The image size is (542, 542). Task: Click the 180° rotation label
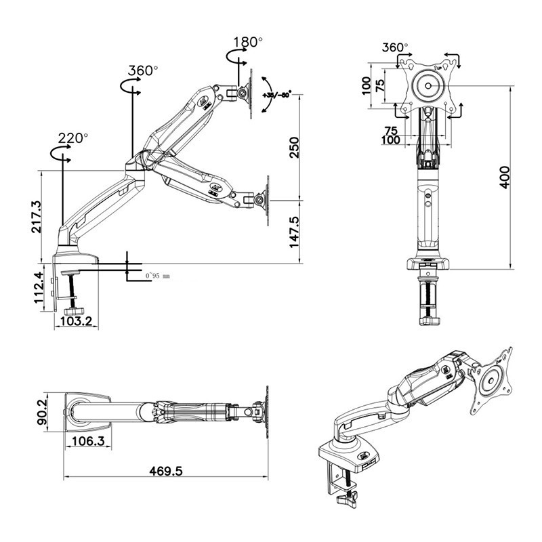[247, 42]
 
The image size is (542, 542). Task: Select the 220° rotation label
[72, 138]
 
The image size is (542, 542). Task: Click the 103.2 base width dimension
[77, 322]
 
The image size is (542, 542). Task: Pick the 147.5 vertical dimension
[294, 232]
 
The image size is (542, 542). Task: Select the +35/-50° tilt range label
[276, 95]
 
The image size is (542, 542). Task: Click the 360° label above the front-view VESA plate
[395, 48]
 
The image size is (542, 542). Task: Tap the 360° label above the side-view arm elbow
[143, 70]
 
